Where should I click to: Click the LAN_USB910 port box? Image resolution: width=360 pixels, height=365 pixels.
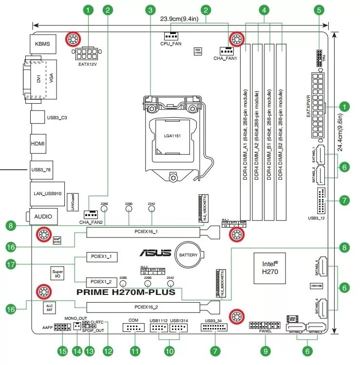47,193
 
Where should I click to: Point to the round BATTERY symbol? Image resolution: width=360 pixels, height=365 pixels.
188,255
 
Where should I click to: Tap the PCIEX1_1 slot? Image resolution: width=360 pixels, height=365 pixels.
101,256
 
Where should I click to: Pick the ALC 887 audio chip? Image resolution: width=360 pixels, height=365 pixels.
50,307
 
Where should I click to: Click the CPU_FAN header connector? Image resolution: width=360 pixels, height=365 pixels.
171,36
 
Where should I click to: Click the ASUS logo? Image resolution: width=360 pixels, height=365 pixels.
155,253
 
